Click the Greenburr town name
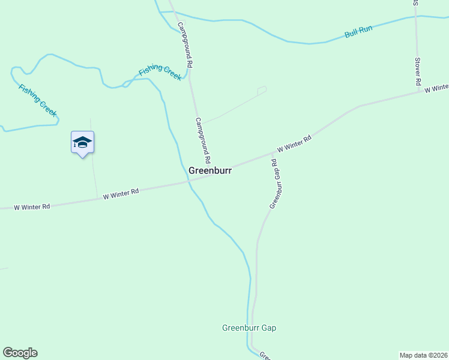click(x=210, y=170)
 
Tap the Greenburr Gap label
click(x=249, y=328)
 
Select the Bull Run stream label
click(x=358, y=32)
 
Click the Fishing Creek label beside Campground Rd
click(x=160, y=73)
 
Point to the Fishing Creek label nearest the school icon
click(x=38, y=100)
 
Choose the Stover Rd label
click(x=418, y=71)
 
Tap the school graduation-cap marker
click(x=82, y=143)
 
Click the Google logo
click(x=20, y=353)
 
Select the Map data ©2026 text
click(x=423, y=355)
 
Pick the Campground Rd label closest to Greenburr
click(x=202, y=140)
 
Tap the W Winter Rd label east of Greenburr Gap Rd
click(x=294, y=145)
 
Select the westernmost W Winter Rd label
click(x=32, y=206)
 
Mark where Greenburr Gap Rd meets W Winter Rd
click(x=273, y=154)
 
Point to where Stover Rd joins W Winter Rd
click(x=418, y=92)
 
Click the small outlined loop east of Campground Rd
click(x=261, y=91)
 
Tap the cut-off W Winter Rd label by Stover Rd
click(x=436, y=88)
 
